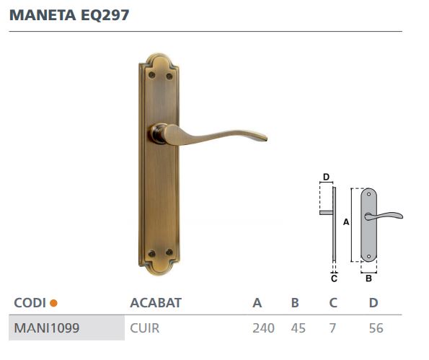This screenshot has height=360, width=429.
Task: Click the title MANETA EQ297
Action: (69, 15)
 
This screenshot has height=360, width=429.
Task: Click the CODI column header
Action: (30, 302)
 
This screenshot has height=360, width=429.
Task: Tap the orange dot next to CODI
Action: (53, 303)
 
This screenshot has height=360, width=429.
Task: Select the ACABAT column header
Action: (155, 302)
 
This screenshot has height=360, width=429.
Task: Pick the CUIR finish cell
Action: (144, 328)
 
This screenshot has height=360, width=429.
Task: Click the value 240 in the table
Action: (263, 328)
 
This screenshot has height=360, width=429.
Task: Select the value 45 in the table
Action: (298, 328)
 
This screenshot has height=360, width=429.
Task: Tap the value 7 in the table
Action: (333, 328)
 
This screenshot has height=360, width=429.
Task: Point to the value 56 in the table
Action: (375, 328)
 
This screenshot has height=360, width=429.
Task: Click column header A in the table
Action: (257, 302)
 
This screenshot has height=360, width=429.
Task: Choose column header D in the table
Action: (373, 302)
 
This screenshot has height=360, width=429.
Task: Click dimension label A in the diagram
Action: (345, 223)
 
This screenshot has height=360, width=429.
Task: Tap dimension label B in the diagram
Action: (368, 277)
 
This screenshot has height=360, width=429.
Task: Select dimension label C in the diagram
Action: (334, 277)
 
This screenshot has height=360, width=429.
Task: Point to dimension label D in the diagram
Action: (326, 177)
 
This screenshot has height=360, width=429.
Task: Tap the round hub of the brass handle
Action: (158, 133)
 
